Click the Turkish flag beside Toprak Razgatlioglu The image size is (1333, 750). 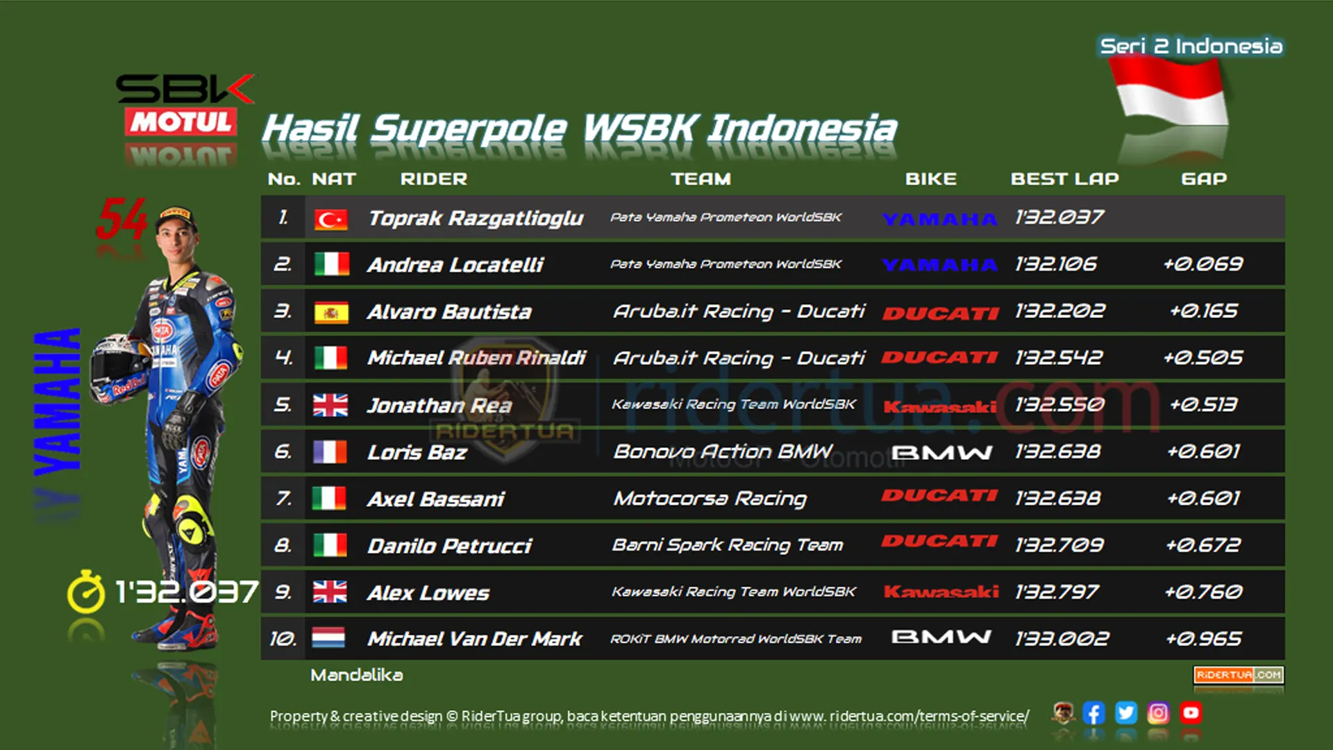coord(330,219)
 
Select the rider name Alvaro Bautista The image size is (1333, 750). coord(449,312)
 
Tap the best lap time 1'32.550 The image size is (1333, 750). coord(1059,404)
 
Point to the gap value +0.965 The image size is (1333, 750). coord(1204,638)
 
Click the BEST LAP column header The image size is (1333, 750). coord(1064,179)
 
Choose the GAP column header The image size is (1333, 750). coord(1204,179)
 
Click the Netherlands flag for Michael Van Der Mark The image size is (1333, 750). coord(329,637)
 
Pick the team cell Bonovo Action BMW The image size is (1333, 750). coord(722,451)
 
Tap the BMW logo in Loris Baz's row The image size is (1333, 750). coord(941,453)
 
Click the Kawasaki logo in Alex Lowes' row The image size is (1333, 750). coord(941,592)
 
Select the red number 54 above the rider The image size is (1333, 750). coord(122,218)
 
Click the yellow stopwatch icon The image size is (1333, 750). coord(85,592)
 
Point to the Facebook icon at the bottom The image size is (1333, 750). coord(1093,713)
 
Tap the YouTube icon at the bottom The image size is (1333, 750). coord(1191,713)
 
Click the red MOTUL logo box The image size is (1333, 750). coord(181,122)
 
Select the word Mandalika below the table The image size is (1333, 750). coord(356,675)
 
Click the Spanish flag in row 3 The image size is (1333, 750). coord(330,313)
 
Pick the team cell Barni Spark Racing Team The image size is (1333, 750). coord(727,545)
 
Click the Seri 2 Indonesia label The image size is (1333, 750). coord(1191,47)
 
